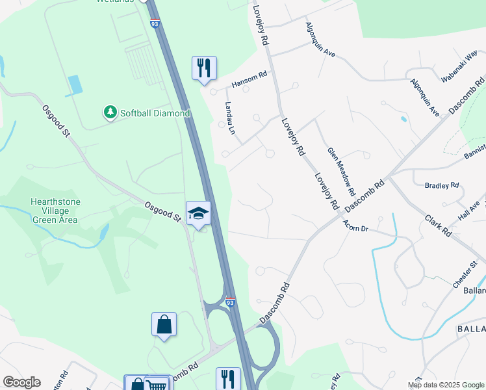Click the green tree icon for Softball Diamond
110,113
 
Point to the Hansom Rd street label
249,80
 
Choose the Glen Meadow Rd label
341,172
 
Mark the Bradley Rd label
442,185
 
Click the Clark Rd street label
439,224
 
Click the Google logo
21,382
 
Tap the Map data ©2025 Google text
446,385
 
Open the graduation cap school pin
199,213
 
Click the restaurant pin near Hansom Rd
204,68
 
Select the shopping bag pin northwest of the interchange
164,324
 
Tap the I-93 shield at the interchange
229,302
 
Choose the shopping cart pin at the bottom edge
158,383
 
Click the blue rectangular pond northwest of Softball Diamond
75,84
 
